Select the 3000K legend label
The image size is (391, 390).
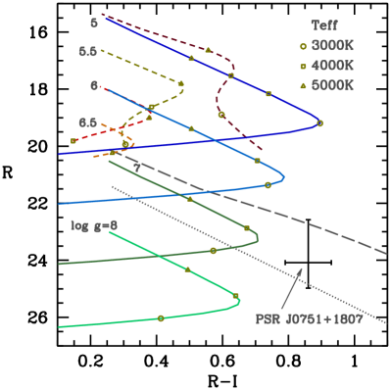(333, 46)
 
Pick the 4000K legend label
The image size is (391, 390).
(333, 66)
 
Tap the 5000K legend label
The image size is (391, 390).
(333, 85)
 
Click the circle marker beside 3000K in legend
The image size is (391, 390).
(303, 46)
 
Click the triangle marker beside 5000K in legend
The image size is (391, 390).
(303, 85)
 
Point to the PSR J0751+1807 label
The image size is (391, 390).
(309, 318)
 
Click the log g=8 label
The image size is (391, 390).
(93, 225)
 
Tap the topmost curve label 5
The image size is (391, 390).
(94, 22)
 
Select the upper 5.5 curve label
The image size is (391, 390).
(88, 51)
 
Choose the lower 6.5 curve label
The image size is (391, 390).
(88, 122)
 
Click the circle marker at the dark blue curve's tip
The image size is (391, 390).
(319, 123)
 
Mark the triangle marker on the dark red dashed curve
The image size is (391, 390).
(208, 49)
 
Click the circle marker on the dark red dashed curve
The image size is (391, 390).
(221, 115)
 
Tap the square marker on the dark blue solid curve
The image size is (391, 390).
(269, 94)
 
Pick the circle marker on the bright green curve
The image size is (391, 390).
(161, 317)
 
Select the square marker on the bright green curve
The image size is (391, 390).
(236, 296)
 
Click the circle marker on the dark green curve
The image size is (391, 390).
(213, 251)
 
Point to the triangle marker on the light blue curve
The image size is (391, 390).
(191, 128)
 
